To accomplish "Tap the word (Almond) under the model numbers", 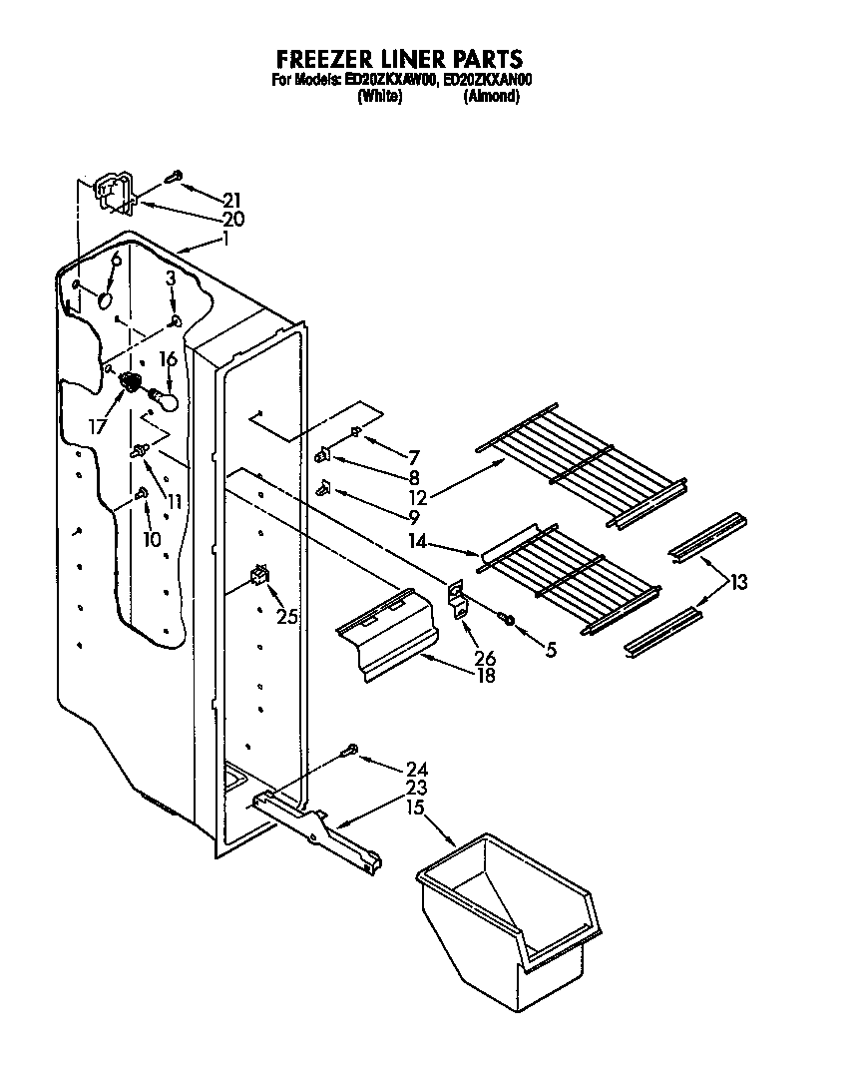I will (x=491, y=97).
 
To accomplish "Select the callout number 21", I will (x=232, y=200).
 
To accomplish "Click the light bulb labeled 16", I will (x=168, y=400).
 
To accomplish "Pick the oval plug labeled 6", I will (x=106, y=297).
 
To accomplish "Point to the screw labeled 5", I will (x=509, y=621).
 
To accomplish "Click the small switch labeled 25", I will (x=261, y=577).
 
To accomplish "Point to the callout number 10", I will (x=152, y=539).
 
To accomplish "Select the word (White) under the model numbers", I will (x=379, y=97).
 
